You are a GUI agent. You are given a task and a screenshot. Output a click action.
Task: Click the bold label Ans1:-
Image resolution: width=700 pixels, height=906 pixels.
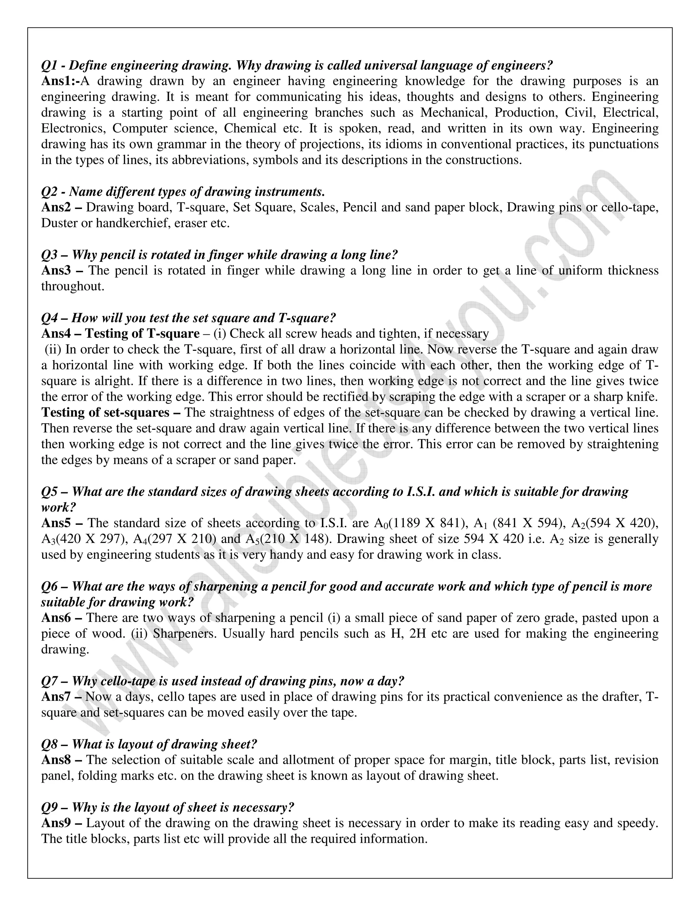point(60,81)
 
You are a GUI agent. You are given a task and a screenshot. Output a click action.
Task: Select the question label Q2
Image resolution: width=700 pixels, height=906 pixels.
point(49,192)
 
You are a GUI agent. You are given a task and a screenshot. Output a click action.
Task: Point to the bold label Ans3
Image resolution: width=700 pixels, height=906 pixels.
point(57,270)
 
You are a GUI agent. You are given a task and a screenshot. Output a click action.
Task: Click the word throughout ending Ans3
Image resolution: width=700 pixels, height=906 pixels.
point(72,286)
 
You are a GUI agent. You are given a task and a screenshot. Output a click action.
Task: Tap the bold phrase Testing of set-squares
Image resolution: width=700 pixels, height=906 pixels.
point(105,412)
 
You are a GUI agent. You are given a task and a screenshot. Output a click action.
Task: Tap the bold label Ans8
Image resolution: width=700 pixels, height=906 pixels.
point(57,760)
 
